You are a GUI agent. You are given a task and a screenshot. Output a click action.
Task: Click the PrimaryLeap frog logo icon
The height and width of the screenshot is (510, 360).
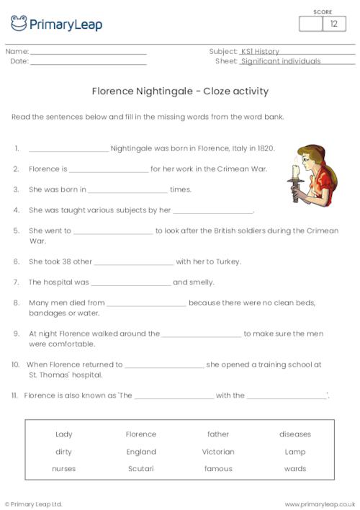[19, 23]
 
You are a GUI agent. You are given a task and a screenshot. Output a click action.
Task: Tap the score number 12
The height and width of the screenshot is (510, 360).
[333, 24]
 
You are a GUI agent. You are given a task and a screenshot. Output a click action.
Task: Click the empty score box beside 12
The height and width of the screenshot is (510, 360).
[310, 24]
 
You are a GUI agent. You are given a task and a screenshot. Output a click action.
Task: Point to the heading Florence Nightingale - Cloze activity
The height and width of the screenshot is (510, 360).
[180, 91]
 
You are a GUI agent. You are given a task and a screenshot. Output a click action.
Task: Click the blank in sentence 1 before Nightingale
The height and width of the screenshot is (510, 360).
[68, 150]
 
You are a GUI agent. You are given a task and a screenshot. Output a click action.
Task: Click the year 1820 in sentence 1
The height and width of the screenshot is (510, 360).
[264, 148]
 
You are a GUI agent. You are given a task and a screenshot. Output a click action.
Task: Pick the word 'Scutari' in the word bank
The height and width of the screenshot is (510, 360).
[141, 469]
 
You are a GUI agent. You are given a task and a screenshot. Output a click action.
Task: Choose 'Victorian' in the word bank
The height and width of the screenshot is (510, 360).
[218, 452]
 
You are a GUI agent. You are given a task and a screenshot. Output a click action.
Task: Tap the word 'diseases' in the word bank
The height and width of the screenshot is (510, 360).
[295, 434]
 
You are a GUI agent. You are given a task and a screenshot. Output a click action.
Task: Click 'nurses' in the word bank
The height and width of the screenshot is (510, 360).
[63, 469]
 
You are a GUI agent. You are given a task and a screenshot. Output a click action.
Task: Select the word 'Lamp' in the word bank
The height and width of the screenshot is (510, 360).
[295, 452]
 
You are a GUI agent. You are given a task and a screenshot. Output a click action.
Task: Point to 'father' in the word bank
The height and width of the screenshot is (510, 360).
[218, 434]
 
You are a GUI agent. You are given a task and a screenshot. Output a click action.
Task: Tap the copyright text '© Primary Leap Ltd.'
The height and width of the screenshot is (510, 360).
[34, 504]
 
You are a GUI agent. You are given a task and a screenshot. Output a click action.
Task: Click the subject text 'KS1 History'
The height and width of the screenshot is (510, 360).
[260, 52]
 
